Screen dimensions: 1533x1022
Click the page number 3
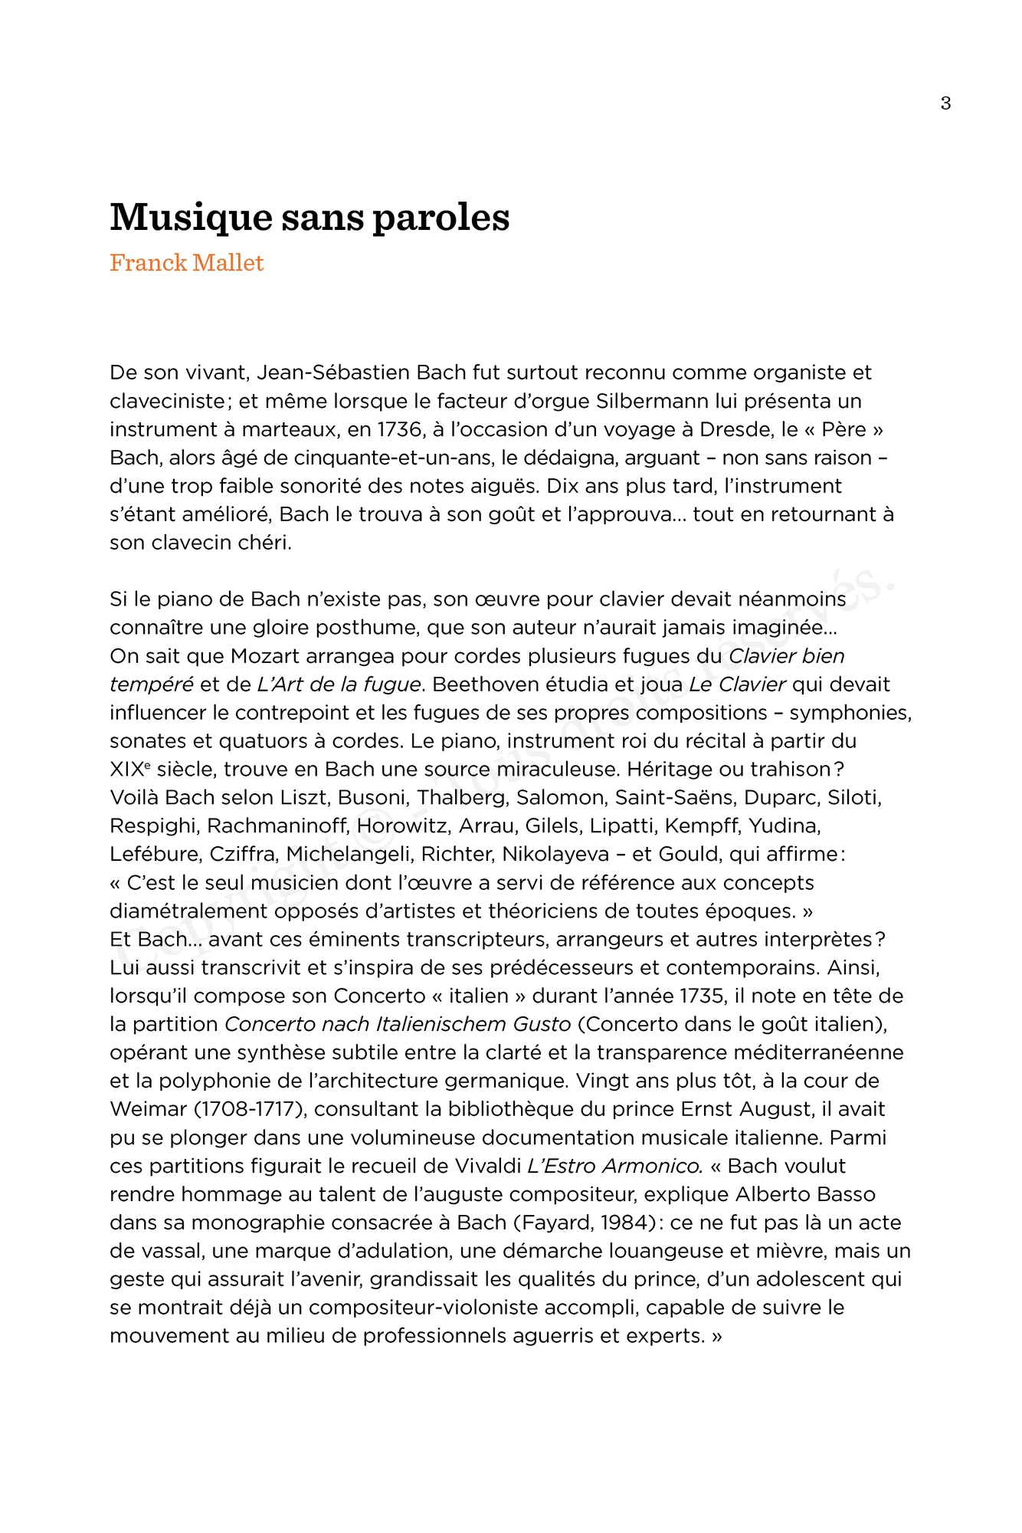pos(945,103)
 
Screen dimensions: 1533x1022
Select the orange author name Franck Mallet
pos(187,263)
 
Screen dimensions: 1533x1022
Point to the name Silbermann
pos(652,401)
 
